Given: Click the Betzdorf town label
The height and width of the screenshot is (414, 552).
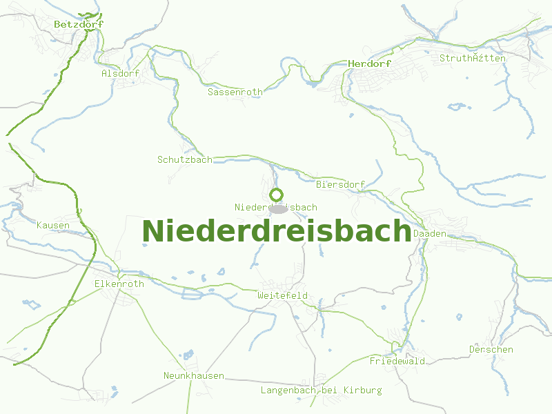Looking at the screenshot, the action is point(79,24).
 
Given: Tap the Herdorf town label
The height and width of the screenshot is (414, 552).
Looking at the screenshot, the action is point(370,63).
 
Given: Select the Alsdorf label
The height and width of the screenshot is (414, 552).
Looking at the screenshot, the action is point(120,73).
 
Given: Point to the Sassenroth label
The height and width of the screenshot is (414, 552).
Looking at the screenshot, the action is point(235,92).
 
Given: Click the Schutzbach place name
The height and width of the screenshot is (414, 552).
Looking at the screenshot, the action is point(185,159).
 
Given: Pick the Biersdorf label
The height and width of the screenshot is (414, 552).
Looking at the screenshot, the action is point(339,185).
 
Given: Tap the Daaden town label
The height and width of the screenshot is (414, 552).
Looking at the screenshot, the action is point(430,234).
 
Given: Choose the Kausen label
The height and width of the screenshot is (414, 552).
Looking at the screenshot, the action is point(53,226).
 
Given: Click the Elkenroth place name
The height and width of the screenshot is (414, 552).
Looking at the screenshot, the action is point(119,284).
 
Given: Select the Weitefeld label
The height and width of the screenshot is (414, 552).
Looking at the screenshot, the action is point(282,295).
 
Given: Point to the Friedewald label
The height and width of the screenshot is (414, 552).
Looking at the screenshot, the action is point(397,361).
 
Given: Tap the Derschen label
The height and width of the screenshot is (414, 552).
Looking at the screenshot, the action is point(491,349).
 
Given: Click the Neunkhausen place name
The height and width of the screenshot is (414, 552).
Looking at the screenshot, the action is point(194,375).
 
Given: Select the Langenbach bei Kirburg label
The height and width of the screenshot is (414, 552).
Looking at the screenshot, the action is point(321,390).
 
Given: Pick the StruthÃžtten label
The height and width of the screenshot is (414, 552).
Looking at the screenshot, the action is point(473,58).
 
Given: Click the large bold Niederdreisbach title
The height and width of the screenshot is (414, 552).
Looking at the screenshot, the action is point(276,231).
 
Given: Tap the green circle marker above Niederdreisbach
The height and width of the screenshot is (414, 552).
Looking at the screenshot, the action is point(277,195).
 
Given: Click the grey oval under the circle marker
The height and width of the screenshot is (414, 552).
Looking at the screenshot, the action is point(277,208).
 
